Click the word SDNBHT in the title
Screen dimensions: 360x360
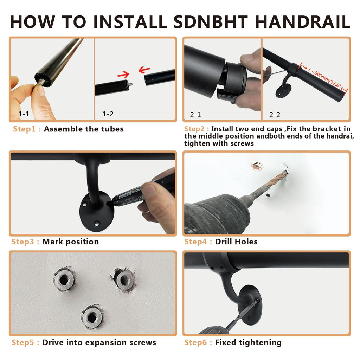(211, 22)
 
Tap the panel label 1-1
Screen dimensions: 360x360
(24, 114)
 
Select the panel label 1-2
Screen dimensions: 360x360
(108, 114)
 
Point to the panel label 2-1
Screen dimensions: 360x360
(195, 115)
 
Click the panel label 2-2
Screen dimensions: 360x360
(275, 115)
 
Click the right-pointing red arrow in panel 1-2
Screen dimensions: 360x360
(123, 75)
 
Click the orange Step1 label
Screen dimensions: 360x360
(24, 129)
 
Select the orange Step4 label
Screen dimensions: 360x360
(195, 242)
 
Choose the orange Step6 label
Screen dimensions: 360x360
(195, 342)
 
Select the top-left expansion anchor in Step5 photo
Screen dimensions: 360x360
(64, 279)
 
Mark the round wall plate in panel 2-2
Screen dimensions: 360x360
(283, 91)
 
